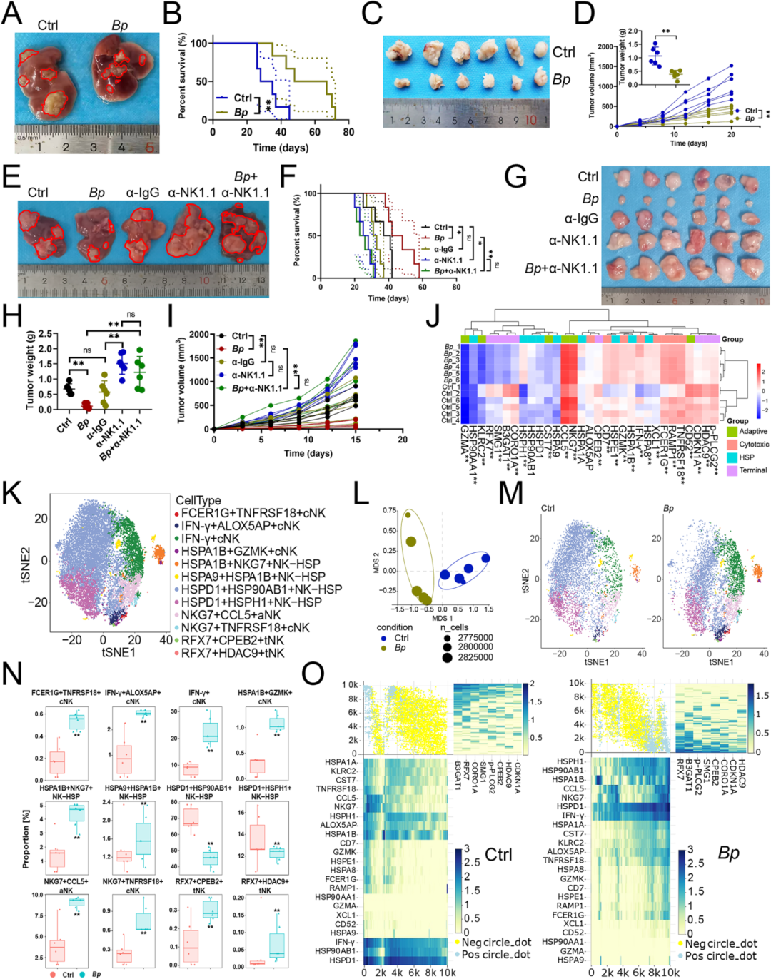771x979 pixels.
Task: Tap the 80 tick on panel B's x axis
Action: click(x=348, y=132)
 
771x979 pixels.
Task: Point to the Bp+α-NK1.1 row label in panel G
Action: click(x=561, y=268)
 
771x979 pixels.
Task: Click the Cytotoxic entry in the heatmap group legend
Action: click(x=753, y=445)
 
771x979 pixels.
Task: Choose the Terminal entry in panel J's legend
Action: click(x=752, y=470)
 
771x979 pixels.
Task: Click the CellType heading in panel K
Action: click(x=198, y=501)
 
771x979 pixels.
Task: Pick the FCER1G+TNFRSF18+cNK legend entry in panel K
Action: click(x=253, y=513)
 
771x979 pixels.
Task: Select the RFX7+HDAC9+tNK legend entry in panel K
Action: click(x=233, y=653)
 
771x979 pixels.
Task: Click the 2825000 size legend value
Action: click(x=476, y=657)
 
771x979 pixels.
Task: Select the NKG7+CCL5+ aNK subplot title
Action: click(x=66, y=886)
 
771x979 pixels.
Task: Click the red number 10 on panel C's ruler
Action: click(x=530, y=121)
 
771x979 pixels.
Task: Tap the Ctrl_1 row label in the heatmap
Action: click(x=450, y=387)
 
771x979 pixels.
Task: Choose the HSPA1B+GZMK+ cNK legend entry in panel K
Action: click(x=239, y=551)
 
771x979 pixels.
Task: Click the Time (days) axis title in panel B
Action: click(x=281, y=148)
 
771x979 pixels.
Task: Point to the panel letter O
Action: click(x=313, y=674)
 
